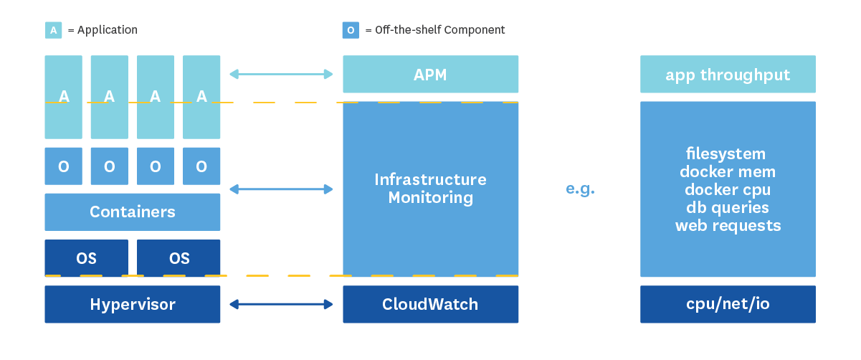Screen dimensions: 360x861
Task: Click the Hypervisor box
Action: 133,304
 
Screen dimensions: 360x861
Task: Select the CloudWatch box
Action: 430,304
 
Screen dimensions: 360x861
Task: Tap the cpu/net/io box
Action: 728,304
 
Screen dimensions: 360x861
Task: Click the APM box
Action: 430,75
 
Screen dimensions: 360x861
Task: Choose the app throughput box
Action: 728,75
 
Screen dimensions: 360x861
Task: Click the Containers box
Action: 133,212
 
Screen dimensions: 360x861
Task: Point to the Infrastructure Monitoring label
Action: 430,189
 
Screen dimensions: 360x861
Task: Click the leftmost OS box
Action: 86,258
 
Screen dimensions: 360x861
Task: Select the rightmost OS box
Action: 179,258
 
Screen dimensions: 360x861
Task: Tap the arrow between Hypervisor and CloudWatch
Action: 281,305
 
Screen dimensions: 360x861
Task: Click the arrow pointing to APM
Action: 281,74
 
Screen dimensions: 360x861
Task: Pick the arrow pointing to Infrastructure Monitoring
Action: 281,189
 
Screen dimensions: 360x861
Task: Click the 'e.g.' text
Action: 580,189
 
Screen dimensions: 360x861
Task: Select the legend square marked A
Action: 53,30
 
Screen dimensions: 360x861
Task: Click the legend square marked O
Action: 351,30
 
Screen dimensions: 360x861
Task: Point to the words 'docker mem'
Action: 728,171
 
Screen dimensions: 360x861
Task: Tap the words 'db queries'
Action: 728,207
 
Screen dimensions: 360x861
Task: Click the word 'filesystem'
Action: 726,153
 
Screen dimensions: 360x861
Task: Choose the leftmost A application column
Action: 64,97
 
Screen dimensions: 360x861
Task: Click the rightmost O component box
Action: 201,166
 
